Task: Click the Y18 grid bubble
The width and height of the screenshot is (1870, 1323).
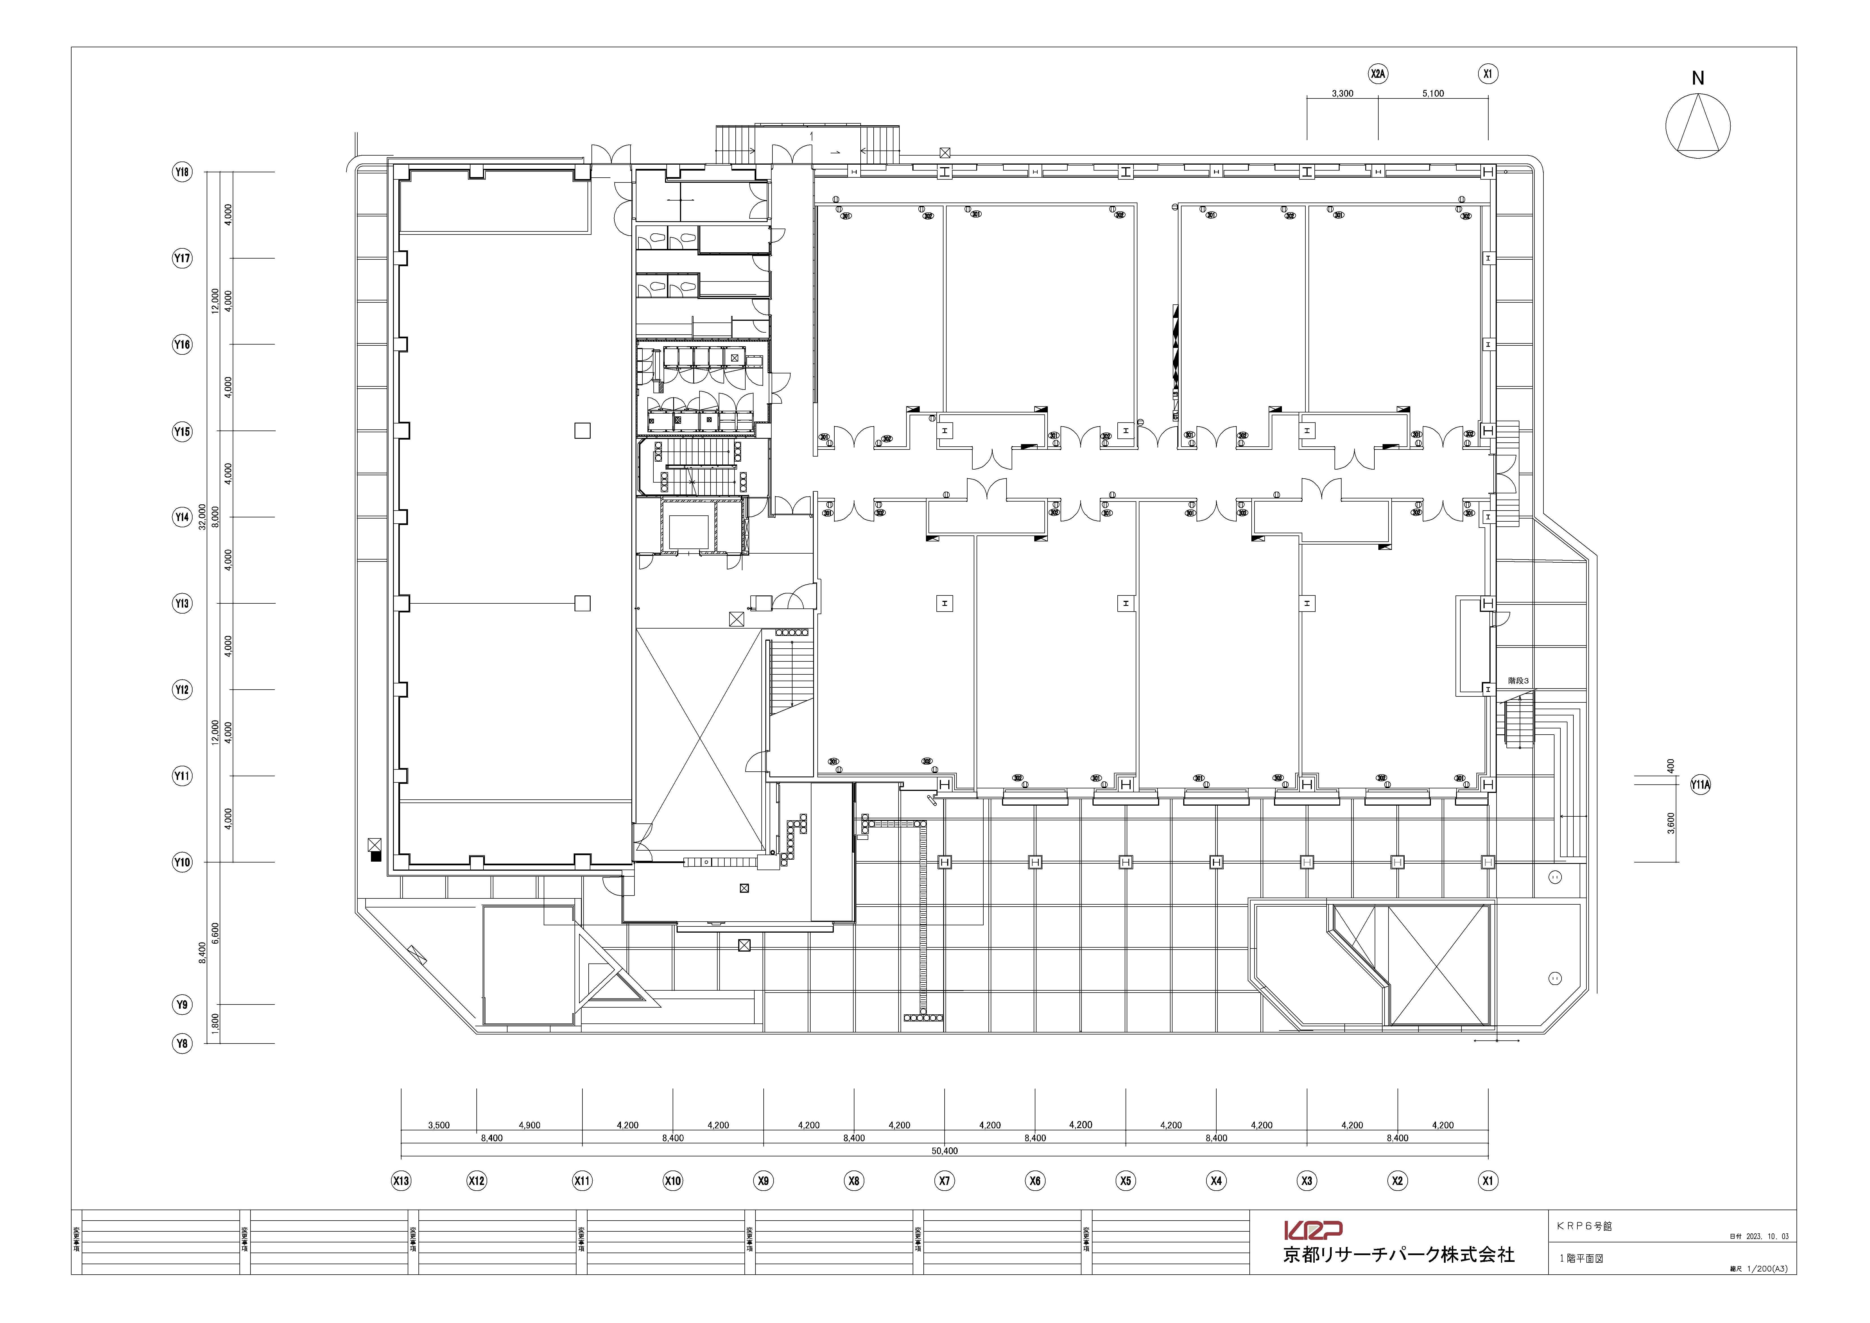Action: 182,172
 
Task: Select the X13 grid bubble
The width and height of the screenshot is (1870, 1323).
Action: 401,1180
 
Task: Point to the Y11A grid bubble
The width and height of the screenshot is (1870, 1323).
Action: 1700,785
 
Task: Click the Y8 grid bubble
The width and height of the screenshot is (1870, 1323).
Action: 182,1044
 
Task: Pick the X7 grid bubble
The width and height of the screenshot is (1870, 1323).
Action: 944,1180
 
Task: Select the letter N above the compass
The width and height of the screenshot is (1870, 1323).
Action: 1697,78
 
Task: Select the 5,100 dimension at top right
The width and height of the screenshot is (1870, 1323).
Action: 1433,94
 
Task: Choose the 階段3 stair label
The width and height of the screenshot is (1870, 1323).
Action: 1518,680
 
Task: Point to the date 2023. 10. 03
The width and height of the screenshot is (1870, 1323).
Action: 1766,1237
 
